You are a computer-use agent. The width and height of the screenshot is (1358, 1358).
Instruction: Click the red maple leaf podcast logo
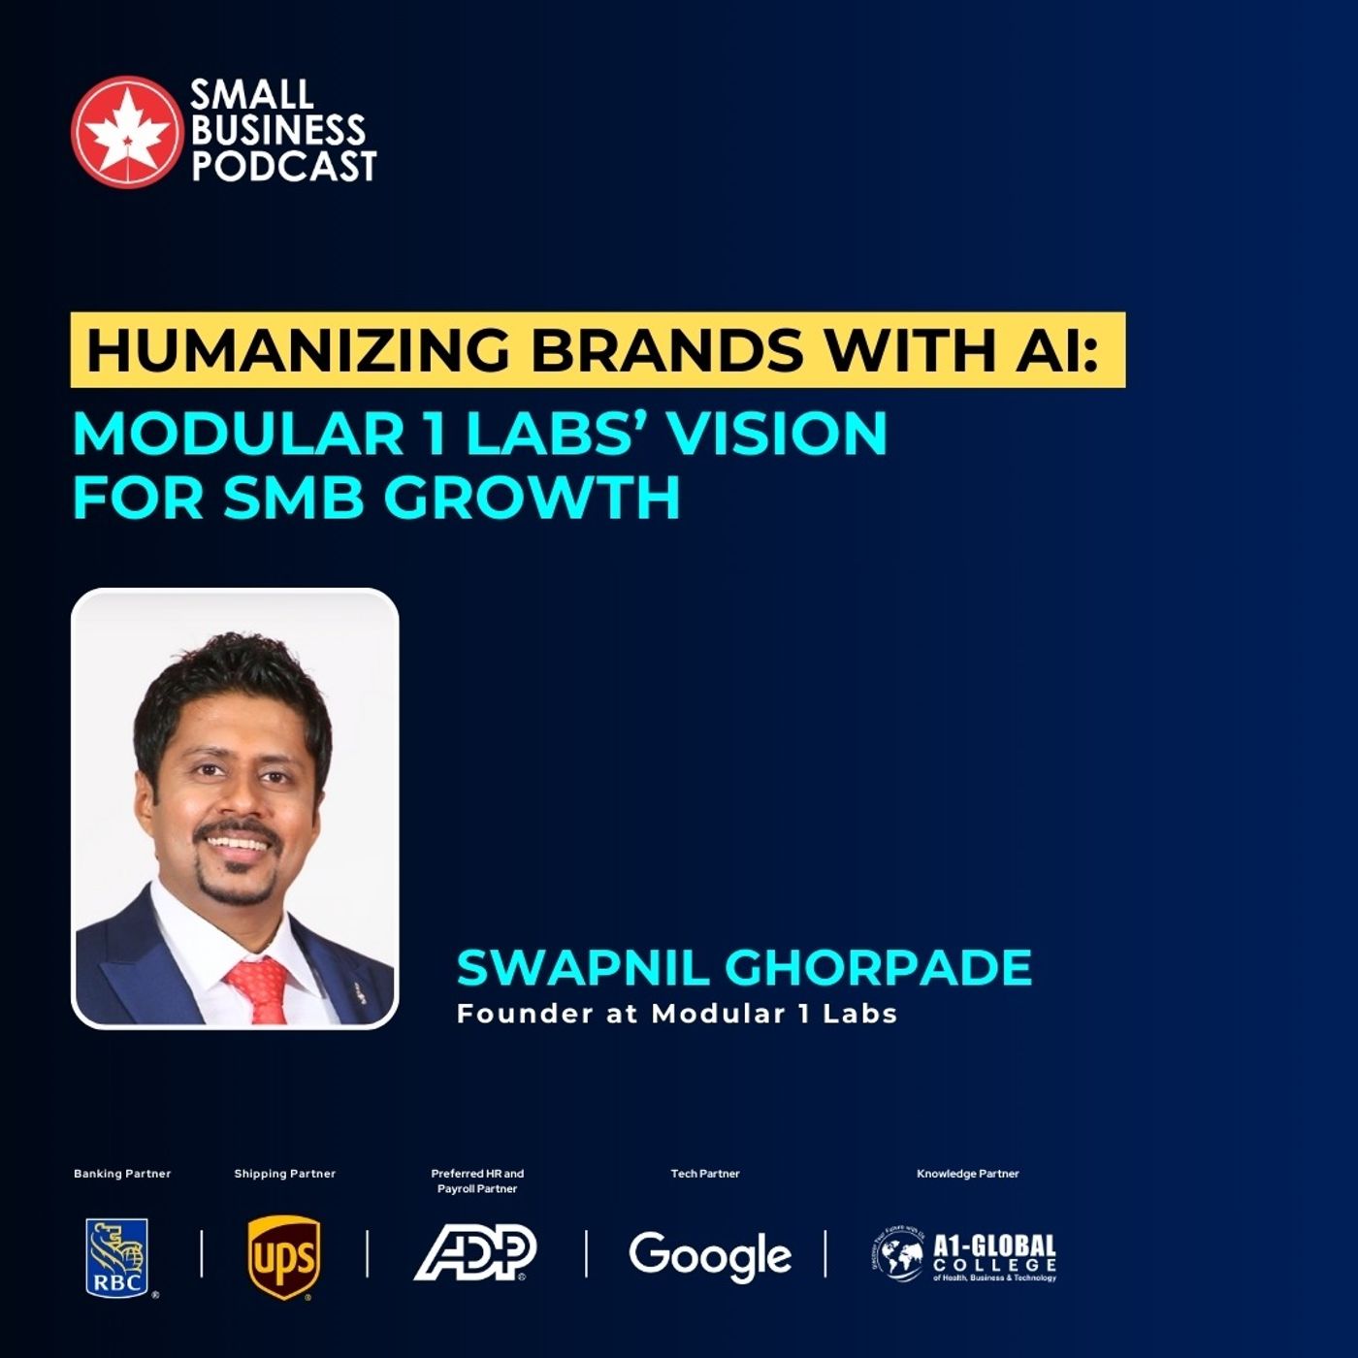pos(126,131)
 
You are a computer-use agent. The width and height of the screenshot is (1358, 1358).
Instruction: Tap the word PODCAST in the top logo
pos(283,166)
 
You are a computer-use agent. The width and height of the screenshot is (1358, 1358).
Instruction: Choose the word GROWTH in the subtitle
pos(532,498)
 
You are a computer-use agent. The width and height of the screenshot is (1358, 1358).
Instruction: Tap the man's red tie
pos(259,988)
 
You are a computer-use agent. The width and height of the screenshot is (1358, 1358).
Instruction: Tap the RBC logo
pos(117,1256)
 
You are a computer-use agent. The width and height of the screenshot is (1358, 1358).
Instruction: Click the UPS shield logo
pos(283,1257)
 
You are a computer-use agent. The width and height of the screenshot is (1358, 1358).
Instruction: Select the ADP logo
pos(475,1252)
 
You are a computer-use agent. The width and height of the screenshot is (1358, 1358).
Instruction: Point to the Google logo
pos(710,1256)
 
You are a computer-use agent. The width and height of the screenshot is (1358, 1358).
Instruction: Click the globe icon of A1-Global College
pos(898,1256)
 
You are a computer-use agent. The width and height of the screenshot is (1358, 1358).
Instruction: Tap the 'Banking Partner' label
pos(122,1174)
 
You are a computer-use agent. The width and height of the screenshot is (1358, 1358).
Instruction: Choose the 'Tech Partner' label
pos(705,1174)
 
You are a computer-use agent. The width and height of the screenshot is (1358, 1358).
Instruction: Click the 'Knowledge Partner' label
pos(968,1174)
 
